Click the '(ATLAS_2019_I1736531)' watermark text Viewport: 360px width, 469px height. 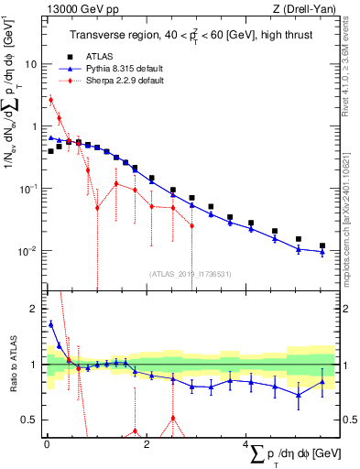pos(190,273)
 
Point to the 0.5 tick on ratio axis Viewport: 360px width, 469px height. pos(29,420)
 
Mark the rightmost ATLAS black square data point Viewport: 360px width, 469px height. pos(322,245)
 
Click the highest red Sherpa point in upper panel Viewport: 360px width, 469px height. pos(50,100)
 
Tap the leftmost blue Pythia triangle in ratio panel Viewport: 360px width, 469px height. pos(50,323)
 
